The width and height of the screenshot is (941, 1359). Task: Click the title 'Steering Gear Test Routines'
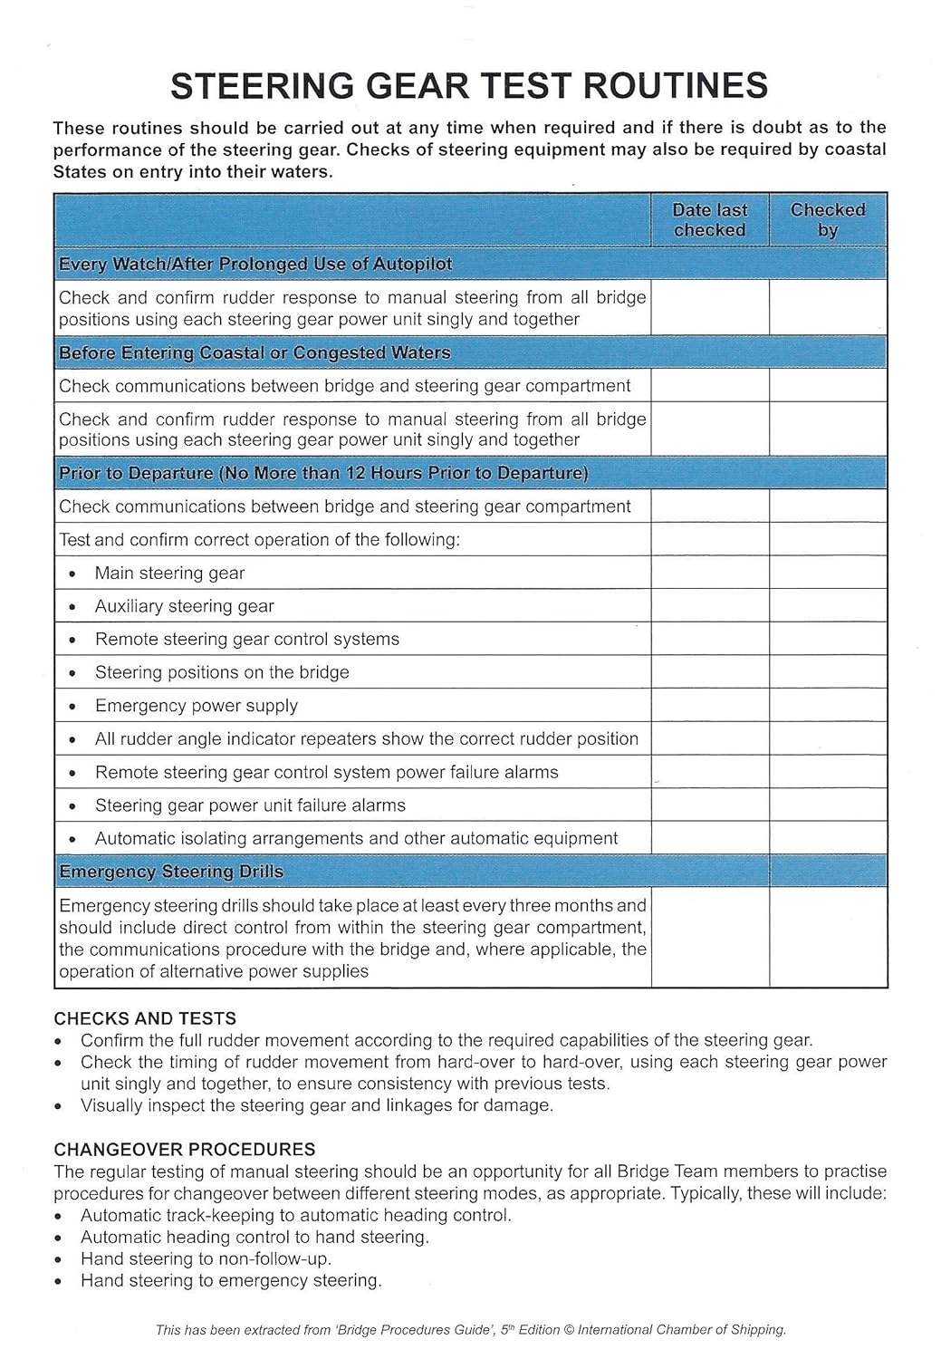pyautogui.click(x=469, y=86)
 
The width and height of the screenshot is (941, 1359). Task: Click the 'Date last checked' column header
pyautogui.click(x=709, y=220)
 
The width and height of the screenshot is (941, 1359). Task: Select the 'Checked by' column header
pyautogui.click(x=828, y=220)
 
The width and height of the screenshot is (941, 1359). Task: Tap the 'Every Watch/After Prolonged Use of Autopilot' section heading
pyautogui.click(x=255, y=265)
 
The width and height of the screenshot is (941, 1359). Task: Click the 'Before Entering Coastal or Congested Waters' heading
pyautogui.click(x=254, y=353)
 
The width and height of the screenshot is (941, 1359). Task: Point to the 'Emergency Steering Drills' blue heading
pyautogui.click(x=171, y=872)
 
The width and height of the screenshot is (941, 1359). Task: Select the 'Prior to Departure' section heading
pyautogui.click(x=323, y=474)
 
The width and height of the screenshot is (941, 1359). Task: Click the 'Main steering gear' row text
pyautogui.click(x=169, y=573)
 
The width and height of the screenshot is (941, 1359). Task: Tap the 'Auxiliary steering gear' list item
pyautogui.click(x=184, y=606)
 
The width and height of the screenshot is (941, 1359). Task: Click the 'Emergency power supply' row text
pyautogui.click(x=196, y=706)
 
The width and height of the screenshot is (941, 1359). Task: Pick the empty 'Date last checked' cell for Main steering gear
pyautogui.click(x=709, y=573)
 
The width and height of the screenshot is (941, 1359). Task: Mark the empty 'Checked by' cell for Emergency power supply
pyautogui.click(x=828, y=706)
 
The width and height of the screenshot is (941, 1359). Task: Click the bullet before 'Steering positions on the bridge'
pyautogui.click(x=72, y=673)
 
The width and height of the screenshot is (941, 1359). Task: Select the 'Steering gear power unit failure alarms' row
pyautogui.click(x=250, y=805)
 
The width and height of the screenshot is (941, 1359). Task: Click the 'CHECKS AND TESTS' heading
pyautogui.click(x=145, y=1018)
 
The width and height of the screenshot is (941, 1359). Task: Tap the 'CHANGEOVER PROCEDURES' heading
pyautogui.click(x=185, y=1150)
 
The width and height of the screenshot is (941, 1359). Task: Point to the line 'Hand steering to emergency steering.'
pyautogui.click(x=231, y=1281)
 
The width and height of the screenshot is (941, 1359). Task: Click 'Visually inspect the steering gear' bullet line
pyautogui.click(x=316, y=1105)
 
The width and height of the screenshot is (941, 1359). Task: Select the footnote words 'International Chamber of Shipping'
pyautogui.click(x=681, y=1330)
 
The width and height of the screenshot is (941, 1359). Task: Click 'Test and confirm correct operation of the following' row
pyautogui.click(x=259, y=540)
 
